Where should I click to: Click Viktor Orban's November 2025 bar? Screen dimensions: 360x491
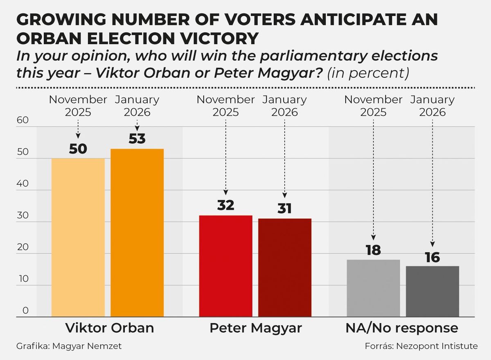[78, 238]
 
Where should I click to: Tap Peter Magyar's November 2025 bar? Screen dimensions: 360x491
[225, 266]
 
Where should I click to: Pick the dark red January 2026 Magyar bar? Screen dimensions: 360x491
[284, 268]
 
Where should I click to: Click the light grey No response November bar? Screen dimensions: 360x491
[373, 288]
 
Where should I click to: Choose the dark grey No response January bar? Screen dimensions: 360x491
[432, 292]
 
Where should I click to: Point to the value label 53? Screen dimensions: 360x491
[137, 139]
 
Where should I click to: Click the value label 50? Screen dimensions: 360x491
[78, 149]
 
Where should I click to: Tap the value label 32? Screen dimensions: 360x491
[225, 206]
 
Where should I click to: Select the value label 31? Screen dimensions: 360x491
[284, 209]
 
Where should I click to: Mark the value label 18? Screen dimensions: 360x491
[373, 250]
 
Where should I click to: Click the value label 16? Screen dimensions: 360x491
[432, 257]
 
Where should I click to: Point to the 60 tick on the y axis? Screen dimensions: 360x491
[23, 120]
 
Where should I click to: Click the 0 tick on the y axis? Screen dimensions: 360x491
[26, 310]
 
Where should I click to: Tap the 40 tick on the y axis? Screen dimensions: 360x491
[23, 184]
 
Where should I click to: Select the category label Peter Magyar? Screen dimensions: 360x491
[256, 328]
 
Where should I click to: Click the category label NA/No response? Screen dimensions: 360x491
[402, 328]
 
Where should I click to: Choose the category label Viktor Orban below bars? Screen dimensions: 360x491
[110, 328]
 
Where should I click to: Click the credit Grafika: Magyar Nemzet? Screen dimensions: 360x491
[69, 346]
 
